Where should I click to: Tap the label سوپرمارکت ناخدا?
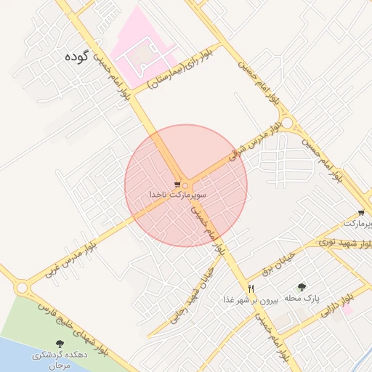(x=178, y=195)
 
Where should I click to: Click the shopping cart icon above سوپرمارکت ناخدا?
(x=178, y=185)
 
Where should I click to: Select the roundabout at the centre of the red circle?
(x=187, y=185)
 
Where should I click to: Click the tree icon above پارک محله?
(x=302, y=287)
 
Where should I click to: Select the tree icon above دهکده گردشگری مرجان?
(x=59, y=344)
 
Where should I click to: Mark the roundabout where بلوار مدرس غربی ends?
(x=21, y=288)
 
